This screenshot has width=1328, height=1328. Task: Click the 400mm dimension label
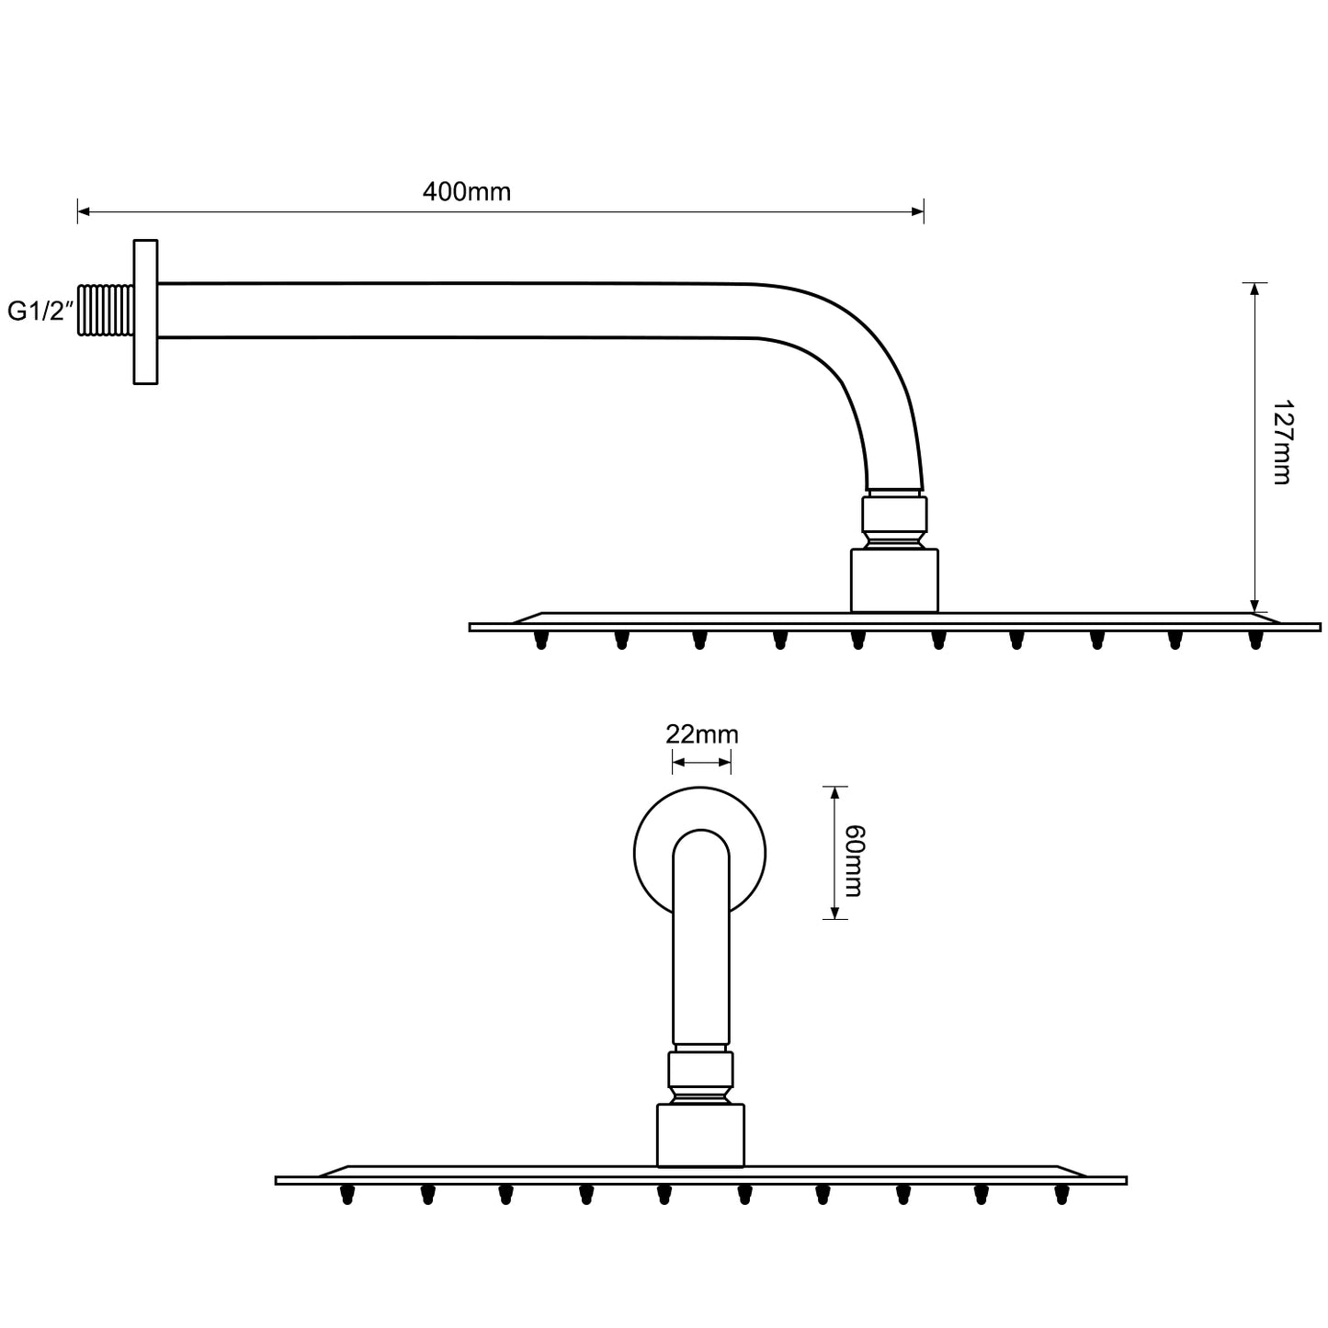click(x=466, y=192)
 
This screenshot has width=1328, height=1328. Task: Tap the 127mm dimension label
click(x=1280, y=442)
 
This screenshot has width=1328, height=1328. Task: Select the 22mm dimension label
click(x=701, y=735)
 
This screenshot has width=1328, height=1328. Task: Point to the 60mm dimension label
click(x=853, y=860)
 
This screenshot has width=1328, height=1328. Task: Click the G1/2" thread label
click(x=40, y=312)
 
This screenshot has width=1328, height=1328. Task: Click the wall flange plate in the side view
click(x=145, y=312)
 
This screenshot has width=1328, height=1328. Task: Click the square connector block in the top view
click(x=894, y=580)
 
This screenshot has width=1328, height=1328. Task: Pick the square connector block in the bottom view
click(x=700, y=1135)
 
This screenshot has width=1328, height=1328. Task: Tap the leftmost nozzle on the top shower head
click(x=541, y=640)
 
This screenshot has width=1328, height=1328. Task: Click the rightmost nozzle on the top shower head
click(x=1255, y=640)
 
